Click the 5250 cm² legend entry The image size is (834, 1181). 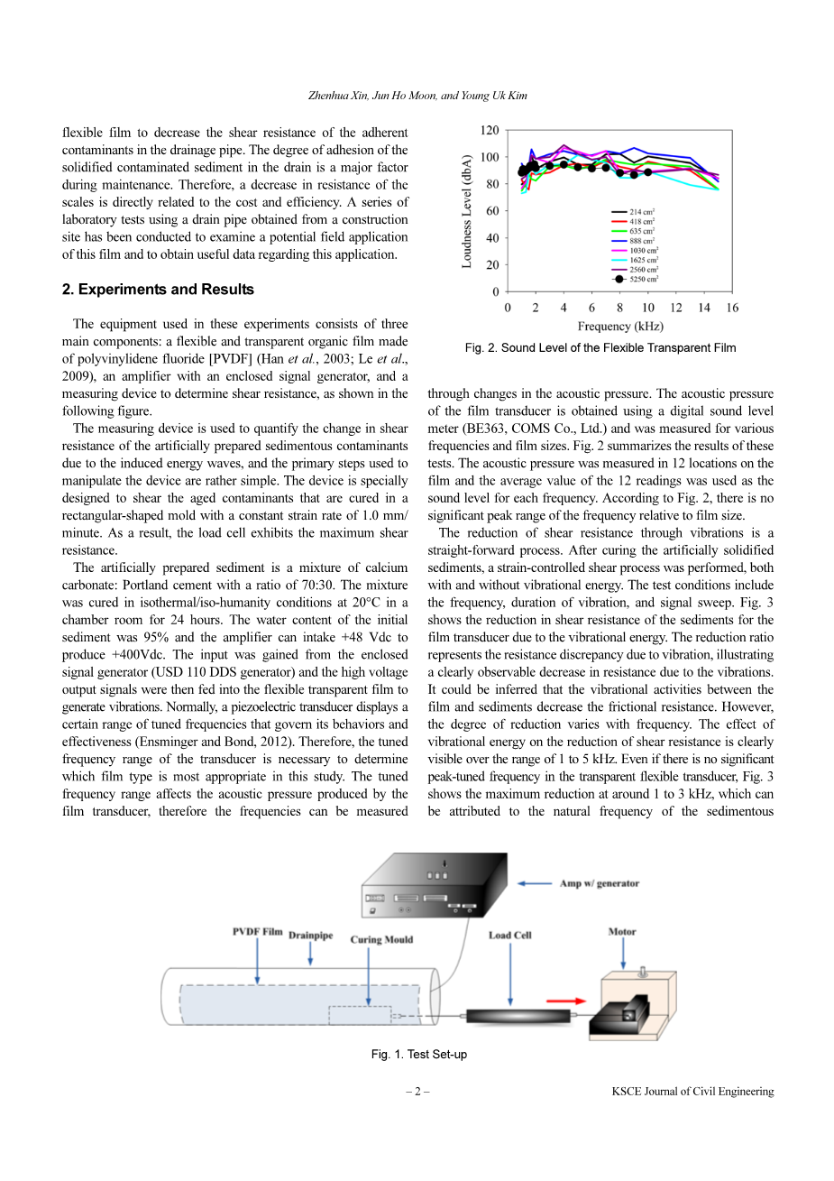[643, 280]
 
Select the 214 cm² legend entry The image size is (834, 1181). [641, 212]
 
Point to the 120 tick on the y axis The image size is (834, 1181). [490, 131]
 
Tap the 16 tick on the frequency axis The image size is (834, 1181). [732, 309]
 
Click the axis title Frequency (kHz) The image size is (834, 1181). [620, 327]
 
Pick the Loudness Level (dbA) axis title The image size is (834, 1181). [467, 211]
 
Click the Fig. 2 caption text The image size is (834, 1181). [600, 348]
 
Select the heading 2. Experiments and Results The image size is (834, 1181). [158, 290]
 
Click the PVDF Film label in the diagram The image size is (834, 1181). [257, 932]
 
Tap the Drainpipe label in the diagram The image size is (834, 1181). [310, 936]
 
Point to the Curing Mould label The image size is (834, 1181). [381, 939]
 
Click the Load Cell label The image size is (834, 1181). [510, 936]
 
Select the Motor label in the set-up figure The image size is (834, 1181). [622, 932]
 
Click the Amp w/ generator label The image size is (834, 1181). [600, 883]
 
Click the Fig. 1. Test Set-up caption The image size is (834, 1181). [419, 1055]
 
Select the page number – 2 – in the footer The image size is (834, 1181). [417, 1092]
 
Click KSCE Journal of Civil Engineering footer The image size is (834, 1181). [692, 1092]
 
